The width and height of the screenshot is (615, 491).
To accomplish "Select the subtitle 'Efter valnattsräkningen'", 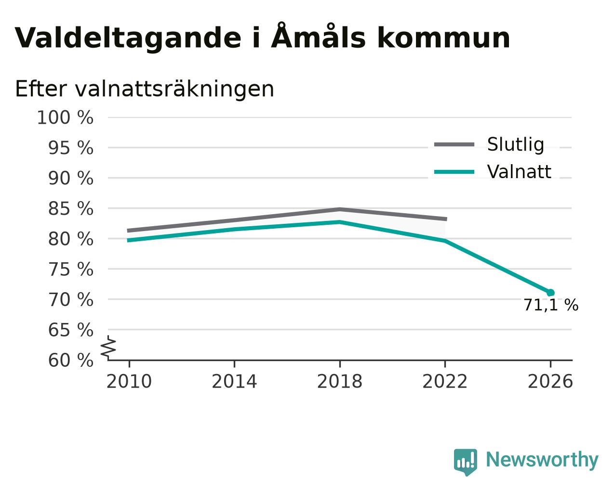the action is click(145, 89).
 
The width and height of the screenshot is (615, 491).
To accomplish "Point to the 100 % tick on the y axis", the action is click(65, 117).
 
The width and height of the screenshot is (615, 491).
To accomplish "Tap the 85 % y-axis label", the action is click(70, 208).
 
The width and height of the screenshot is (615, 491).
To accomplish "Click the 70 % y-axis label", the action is click(70, 300).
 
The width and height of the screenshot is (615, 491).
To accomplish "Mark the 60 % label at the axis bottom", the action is click(70, 360).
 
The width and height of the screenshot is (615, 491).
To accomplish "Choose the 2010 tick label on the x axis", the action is click(129, 382).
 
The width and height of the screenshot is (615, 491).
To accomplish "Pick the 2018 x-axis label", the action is click(339, 382).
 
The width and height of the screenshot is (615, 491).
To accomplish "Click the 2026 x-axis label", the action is click(550, 382).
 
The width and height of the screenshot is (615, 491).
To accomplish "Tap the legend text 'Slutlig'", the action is click(516, 144).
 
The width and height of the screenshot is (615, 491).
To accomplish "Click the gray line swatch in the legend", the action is click(454, 144).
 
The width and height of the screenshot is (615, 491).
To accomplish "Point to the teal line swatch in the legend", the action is click(454, 172).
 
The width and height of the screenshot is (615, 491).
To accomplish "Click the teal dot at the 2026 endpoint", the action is click(550, 293).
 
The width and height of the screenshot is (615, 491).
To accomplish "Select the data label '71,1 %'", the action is click(551, 305).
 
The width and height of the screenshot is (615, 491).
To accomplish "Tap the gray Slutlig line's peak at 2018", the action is click(340, 209).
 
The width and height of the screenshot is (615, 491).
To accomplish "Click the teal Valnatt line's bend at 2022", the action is click(445, 241).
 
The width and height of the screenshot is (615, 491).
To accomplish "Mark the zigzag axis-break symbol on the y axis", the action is click(108, 348).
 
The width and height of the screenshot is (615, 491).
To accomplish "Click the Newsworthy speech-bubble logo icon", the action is click(466, 463).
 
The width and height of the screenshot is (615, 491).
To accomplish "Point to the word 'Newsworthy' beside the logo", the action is click(542, 460).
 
